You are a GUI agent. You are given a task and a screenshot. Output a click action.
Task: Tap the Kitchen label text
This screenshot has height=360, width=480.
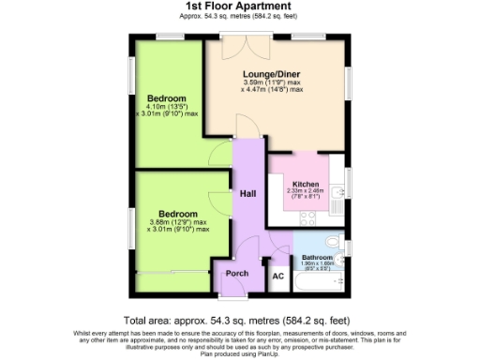click(x=306, y=184)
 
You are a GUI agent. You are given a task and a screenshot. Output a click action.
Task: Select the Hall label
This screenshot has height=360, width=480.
click(x=247, y=193)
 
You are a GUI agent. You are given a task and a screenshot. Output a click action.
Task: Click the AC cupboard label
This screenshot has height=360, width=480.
click(x=277, y=277)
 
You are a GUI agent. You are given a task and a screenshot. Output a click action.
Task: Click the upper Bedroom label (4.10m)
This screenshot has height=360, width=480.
click(x=167, y=98)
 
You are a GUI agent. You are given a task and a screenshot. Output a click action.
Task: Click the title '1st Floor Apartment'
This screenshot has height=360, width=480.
click(x=241, y=7)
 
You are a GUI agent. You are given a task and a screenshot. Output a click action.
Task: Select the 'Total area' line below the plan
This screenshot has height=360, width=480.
click(x=240, y=319)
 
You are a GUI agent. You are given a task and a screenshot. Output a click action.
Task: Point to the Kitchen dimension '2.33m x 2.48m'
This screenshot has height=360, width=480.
click(x=306, y=191)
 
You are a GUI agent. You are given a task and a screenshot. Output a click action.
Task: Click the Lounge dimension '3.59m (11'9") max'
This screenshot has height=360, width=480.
click(x=272, y=82)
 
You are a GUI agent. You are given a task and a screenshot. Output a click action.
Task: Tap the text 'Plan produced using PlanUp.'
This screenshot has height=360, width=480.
click(x=240, y=354)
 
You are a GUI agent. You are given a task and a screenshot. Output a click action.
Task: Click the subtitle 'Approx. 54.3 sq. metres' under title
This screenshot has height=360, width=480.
click(x=241, y=17)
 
